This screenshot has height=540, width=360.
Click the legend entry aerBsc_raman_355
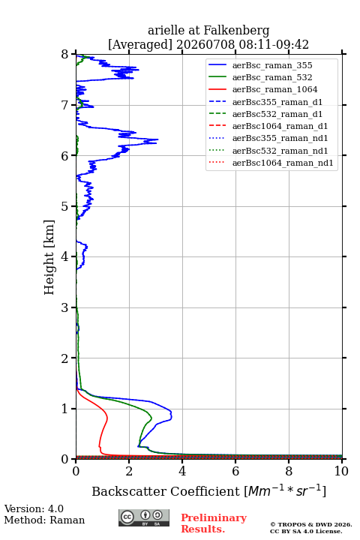point(272,65)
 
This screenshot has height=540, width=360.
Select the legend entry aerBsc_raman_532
point(272,77)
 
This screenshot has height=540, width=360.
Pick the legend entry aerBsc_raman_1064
point(275,89)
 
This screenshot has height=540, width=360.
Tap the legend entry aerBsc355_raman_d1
point(277,102)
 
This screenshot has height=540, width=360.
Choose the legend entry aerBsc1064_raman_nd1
point(283,163)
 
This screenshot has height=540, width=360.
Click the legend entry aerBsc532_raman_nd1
point(280,151)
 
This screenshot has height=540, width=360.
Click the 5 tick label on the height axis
point(65,206)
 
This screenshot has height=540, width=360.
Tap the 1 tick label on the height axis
point(65,409)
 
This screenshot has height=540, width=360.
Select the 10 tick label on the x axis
point(341,471)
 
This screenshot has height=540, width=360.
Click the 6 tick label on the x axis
point(235,471)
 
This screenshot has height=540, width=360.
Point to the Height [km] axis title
point(49,257)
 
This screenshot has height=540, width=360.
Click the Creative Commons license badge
point(144,517)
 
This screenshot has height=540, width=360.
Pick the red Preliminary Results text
point(214,523)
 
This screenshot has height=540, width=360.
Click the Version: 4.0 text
point(34,508)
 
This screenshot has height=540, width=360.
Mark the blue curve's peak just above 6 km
point(157,139)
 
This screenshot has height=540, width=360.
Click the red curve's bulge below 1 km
point(106,418)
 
